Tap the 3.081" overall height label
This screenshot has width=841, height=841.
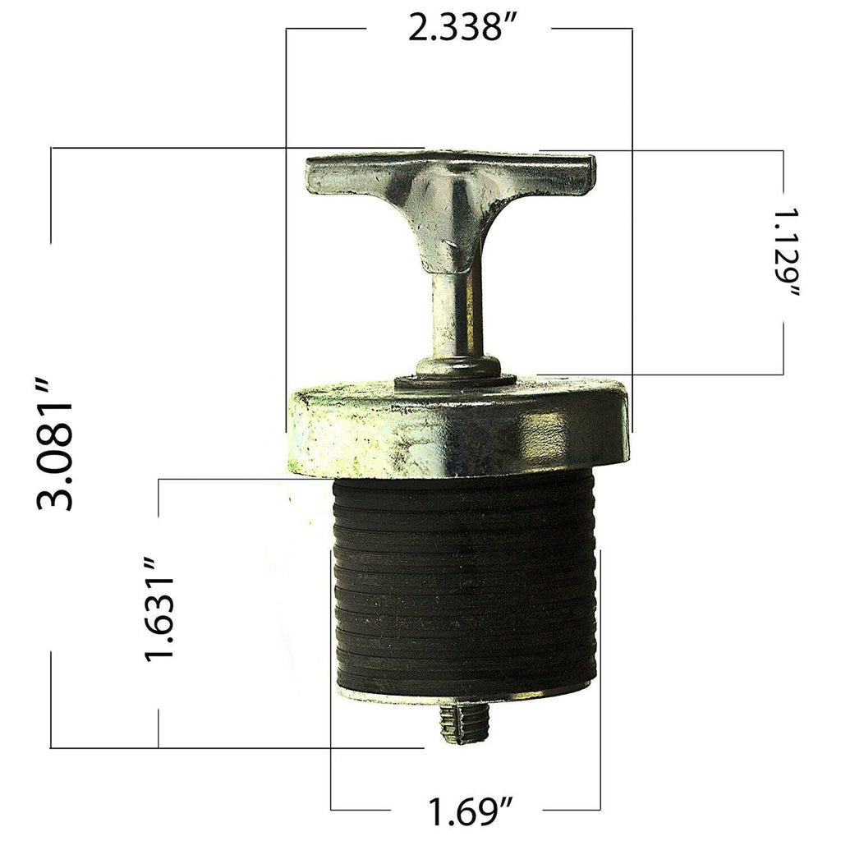[55, 443]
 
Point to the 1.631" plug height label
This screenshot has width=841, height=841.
[161, 609]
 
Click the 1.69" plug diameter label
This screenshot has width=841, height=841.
[465, 812]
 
